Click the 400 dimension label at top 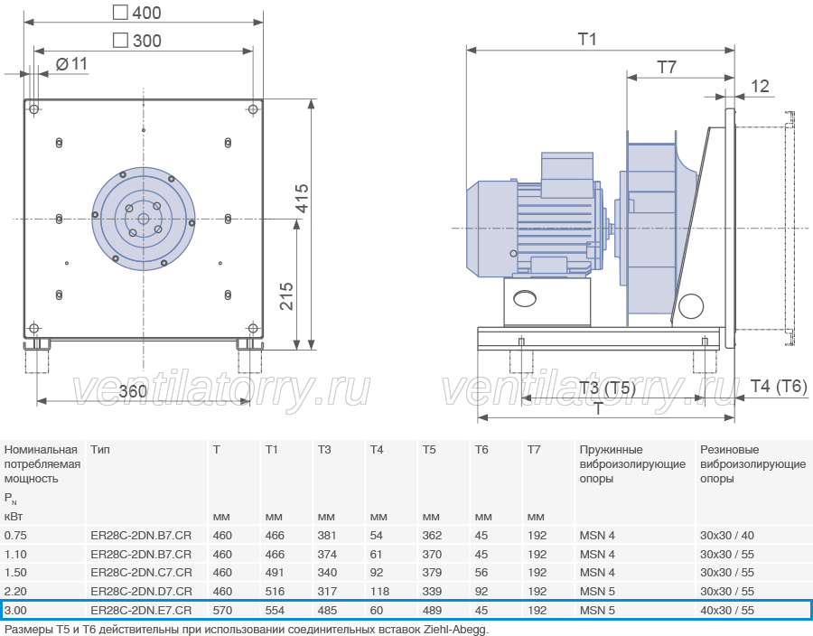pos(137,13)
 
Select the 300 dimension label pos(137,41)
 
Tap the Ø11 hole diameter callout pos(71,64)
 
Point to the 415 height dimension pos(302,198)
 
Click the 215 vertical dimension pos(286,296)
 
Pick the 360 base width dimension pos(133,391)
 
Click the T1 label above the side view pos(587,39)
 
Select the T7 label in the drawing pos(667,67)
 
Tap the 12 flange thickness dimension pos(760,86)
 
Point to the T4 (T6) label pos(779,386)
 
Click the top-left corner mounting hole pos(34,108)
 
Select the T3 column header pos(324,449)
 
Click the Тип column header pos(100,449)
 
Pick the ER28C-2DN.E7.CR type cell pos(141,610)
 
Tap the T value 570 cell pos(222,610)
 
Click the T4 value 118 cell pos(380,592)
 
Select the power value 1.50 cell pos(15,573)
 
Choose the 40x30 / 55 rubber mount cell pos(727,610)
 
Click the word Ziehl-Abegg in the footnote pos(456,630)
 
